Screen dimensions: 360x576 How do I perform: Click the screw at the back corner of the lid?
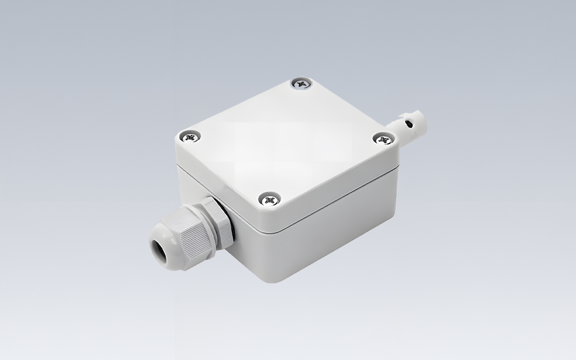point(301,84)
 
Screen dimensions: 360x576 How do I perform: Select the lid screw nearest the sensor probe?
point(383,139)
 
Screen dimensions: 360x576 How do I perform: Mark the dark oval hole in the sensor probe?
point(408,125)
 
